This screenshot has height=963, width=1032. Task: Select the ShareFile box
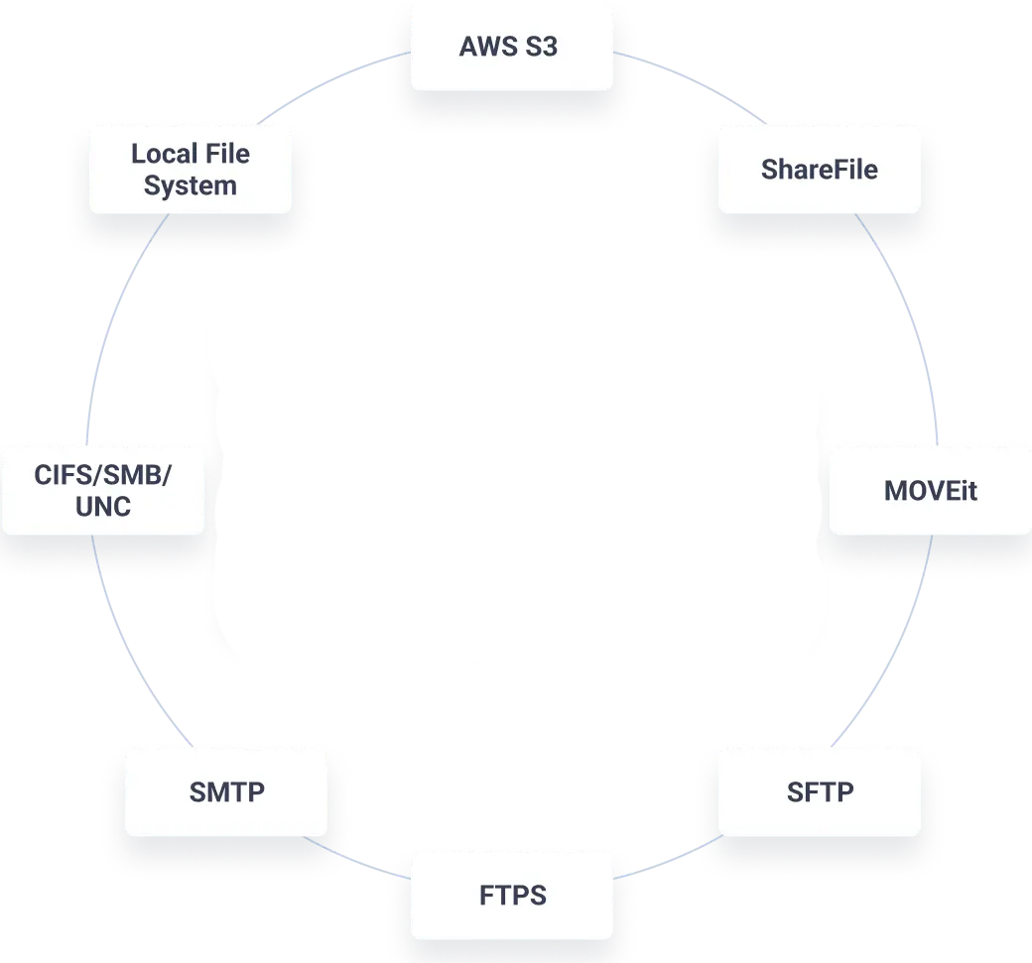coord(819,169)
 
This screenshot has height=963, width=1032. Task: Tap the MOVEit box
coord(930,490)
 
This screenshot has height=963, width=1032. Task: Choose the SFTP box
coord(819,791)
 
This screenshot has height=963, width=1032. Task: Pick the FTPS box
coord(512,895)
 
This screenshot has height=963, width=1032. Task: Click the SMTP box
coord(226,791)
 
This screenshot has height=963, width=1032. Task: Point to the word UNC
coord(102,507)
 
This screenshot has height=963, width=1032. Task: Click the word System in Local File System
coord(191,185)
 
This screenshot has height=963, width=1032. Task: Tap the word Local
coord(162,154)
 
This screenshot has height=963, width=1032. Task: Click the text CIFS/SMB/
coord(102,475)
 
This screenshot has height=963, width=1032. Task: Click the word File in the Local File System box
coord(228,154)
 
